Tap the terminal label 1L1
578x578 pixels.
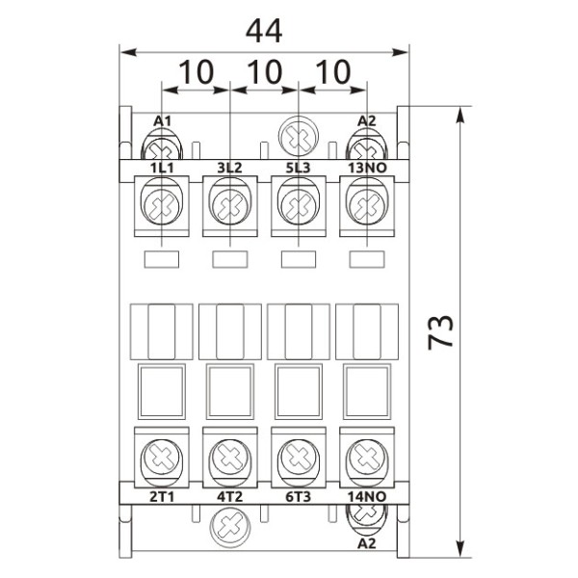161,168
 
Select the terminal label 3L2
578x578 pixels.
229,168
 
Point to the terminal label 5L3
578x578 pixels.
298,168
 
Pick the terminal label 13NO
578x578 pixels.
367,168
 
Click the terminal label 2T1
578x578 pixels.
161,496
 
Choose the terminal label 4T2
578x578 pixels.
229,496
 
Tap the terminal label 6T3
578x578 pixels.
298,496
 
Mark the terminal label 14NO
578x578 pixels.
367,496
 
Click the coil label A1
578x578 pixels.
163,120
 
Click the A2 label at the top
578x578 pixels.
366,120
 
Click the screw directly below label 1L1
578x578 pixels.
161,205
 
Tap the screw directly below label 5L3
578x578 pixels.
298,205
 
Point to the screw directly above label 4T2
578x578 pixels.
229,454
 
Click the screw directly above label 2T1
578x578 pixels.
161,454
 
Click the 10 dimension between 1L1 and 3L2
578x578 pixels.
196,71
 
